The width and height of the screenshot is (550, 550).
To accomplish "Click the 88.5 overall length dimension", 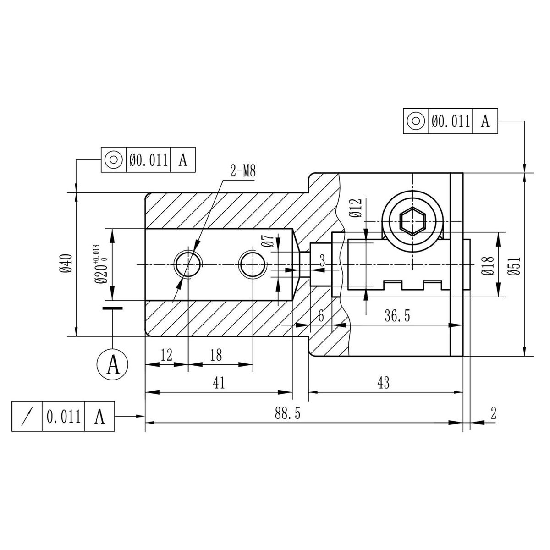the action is click(287, 413).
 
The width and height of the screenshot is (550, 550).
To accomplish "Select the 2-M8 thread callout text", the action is click(242, 171).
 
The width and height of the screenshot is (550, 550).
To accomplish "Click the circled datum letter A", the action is click(112, 364).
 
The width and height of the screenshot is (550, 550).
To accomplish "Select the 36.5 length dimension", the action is click(397, 316).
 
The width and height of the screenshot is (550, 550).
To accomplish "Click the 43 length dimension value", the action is click(383, 382).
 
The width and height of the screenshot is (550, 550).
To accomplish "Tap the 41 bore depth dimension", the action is click(219, 382).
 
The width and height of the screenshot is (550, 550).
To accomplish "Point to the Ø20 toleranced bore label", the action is click(101, 264).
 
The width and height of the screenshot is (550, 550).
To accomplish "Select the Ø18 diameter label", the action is click(487, 266).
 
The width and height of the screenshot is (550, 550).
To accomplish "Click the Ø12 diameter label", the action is click(356, 208).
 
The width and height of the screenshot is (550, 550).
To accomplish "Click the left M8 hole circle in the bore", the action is click(188, 264).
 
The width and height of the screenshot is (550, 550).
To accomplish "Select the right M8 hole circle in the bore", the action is click(252, 264).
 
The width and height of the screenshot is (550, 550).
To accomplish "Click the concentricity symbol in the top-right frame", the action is click(416, 121).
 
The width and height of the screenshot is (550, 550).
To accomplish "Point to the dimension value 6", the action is click(321, 316).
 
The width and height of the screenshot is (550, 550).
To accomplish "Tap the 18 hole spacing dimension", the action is click(216, 355).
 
